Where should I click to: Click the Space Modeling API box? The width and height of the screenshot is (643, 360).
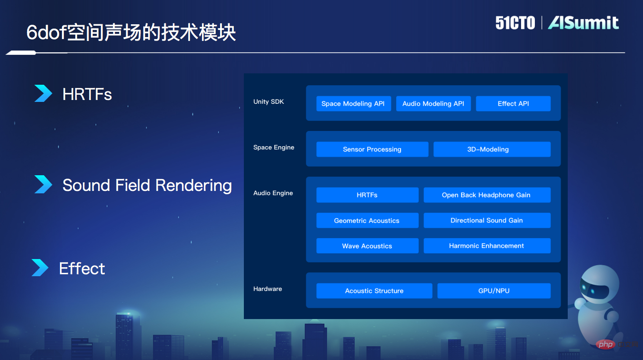[353, 104]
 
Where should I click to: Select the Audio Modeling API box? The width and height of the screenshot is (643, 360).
[433, 104]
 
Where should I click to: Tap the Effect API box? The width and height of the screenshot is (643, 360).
[513, 104]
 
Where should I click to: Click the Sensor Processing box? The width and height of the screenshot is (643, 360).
[372, 150]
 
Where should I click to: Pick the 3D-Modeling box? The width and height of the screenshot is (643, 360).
[492, 150]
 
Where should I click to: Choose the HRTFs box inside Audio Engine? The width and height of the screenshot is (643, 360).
[367, 195]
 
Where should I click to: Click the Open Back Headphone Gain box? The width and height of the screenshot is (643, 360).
[486, 195]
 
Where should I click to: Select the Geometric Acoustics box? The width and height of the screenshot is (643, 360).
[367, 220]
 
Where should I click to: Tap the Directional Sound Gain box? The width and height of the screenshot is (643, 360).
[486, 220]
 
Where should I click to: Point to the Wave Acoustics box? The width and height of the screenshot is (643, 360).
[367, 246]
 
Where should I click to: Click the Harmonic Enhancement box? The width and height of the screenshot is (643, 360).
[486, 246]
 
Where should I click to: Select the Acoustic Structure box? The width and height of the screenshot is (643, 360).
[374, 291]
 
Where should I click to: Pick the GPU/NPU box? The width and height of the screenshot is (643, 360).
[493, 291]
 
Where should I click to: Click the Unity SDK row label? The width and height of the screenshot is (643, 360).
[269, 102]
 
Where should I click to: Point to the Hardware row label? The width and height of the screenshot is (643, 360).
[268, 289]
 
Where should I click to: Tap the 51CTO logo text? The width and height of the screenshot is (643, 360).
[515, 23]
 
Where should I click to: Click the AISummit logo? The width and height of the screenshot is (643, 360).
[583, 23]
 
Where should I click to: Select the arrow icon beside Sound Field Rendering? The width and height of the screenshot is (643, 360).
[43, 184]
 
